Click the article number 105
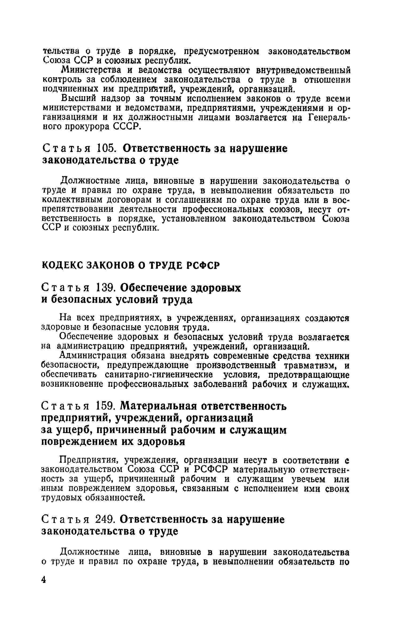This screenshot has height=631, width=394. pos(106,148)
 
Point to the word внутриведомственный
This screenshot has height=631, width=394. pos(303,70)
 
